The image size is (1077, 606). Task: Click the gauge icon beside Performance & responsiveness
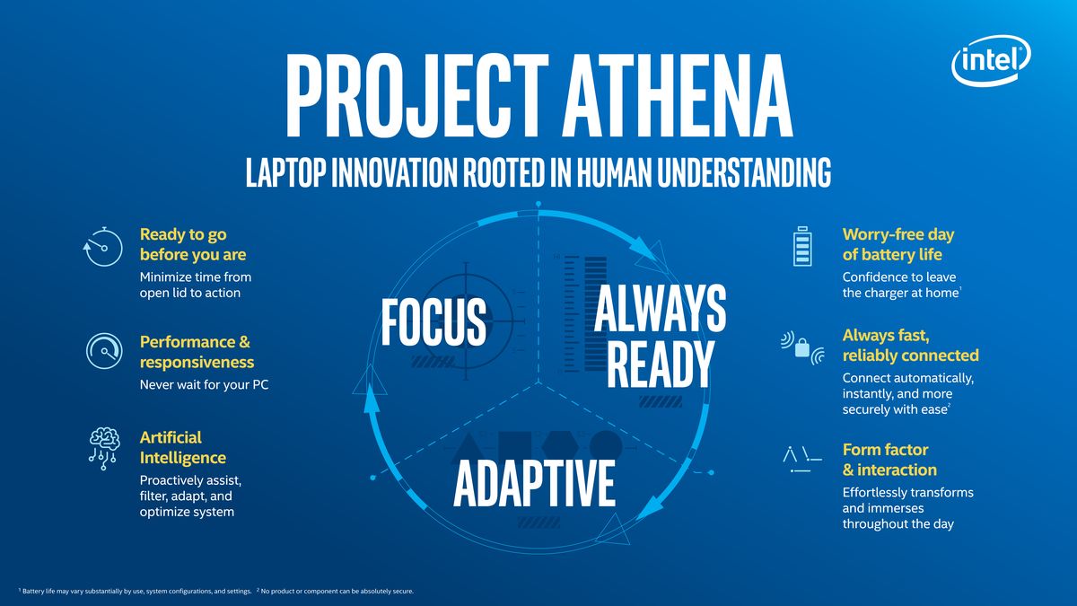(104, 351)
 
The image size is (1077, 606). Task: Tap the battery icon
(802, 245)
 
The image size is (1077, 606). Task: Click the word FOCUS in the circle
(433, 322)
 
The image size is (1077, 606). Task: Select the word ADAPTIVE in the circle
(535, 483)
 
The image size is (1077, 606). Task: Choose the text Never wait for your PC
(205, 385)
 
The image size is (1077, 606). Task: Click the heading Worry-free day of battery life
(898, 244)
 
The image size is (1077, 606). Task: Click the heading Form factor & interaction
(889, 460)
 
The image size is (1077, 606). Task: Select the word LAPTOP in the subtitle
(286, 173)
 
